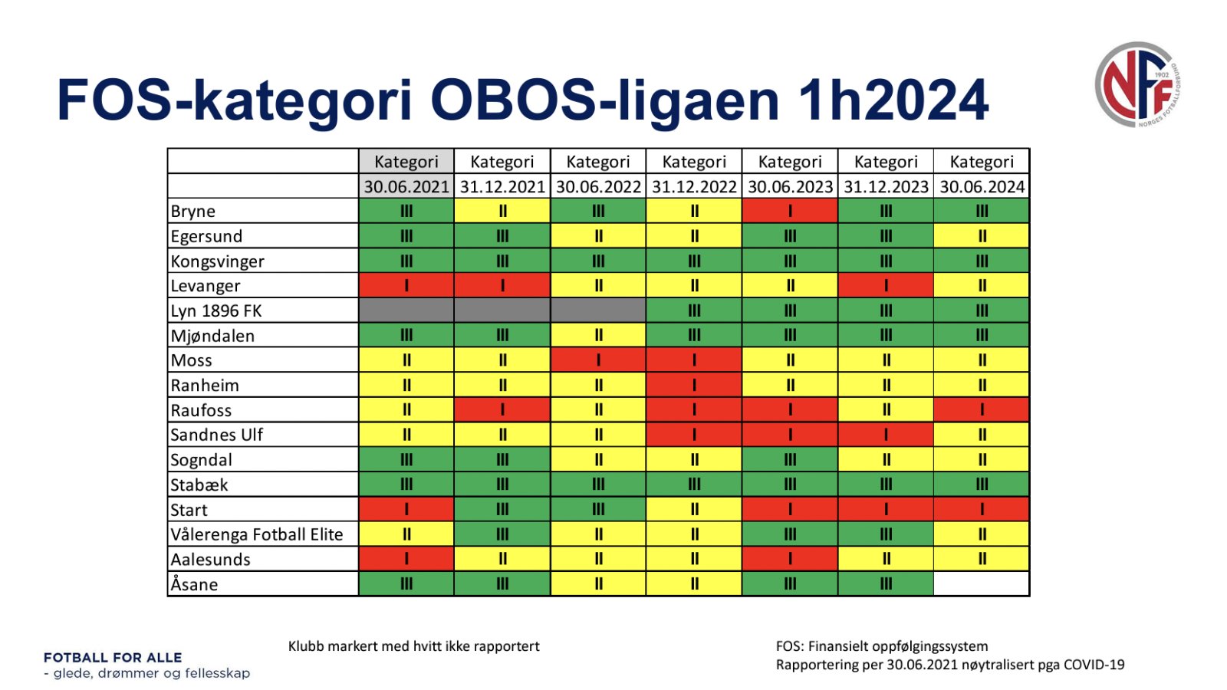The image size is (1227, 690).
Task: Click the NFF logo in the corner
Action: (x=1138, y=85)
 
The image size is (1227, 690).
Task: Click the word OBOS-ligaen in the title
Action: (x=605, y=101)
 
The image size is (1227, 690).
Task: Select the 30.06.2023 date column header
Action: (x=790, y=187)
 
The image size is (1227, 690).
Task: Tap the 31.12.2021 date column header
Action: (x=502, y=187)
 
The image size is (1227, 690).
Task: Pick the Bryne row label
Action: (x=192, y=211)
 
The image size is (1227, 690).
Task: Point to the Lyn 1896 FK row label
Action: (x=215, y=310)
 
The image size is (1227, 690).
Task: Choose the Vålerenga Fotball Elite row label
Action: (x=256, y=534)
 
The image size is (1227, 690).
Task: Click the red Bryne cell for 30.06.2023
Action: (x=790, y=211)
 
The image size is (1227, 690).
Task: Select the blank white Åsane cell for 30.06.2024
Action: (x=982, y=583)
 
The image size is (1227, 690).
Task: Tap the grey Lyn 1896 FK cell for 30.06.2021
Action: (x=406, y=310)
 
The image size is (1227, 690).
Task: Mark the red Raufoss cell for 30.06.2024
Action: (x=982, y=409)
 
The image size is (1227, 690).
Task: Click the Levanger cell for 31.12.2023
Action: (x=886, y=285)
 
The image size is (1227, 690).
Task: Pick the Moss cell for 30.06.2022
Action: (x=598, y=360)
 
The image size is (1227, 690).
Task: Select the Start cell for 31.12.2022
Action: (x=694, y=509)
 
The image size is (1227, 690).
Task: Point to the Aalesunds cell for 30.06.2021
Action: (x=406, y=559)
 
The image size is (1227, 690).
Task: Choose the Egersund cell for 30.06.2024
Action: (x=982, y=236)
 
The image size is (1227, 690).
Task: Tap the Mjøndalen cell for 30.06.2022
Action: (x=598, y=335)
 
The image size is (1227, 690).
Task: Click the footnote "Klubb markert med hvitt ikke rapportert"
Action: (x=413, y=646)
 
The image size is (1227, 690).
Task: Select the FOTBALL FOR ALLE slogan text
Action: (x=113, y=658)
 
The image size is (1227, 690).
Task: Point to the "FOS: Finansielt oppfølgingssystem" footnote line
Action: (x=882, y=646)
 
